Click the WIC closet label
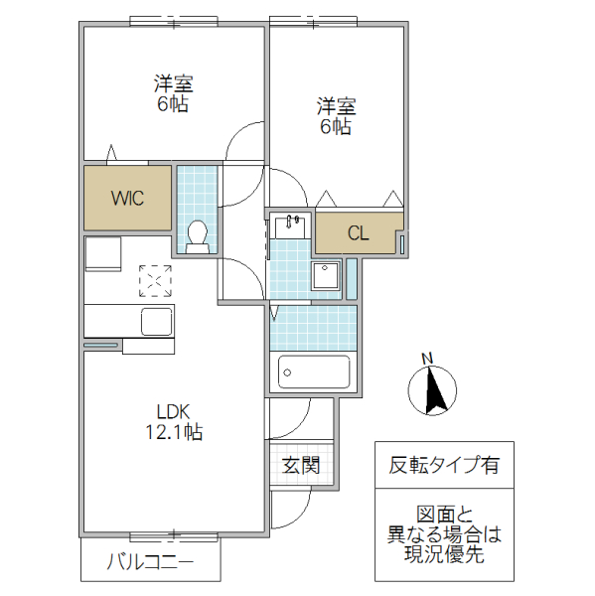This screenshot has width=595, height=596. click(127, 198)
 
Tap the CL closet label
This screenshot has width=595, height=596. click(359, 233)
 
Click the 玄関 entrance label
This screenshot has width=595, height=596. click(300, 465)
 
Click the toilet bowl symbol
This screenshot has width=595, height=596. click(197, 234)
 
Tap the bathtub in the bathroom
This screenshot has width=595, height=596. click(313, 372)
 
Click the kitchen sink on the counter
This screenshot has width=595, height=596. click(158, 321)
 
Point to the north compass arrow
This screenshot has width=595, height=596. click(434, 389)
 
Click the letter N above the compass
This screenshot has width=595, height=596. click(427, 359)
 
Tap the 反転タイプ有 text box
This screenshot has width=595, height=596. click(444, 464)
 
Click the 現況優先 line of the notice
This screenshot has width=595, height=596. click(444, 555)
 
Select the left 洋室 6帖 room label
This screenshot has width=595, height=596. click(172, 91)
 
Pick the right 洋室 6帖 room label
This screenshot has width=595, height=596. click(336, 115)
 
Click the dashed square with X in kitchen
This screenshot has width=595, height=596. click(155, 280)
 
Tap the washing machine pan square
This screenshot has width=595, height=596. click(326, 275)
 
